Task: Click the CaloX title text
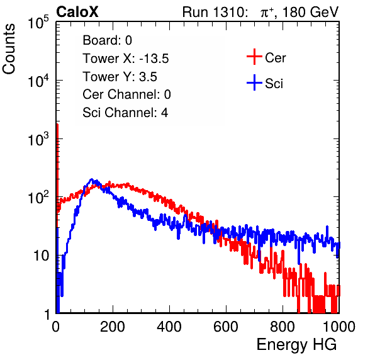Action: tap(77, 12)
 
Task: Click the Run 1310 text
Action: tap(215, 12)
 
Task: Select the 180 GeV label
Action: tap(310, 12)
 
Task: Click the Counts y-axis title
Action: tap(9, 49)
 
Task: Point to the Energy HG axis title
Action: tap(296, 345)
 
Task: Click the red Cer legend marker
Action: tap(254, 57)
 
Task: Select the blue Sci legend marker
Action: tap(254, 82)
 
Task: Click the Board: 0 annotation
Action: tap(107, 40)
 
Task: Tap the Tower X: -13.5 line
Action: tap(126, 59)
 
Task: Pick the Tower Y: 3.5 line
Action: tap(120, 77)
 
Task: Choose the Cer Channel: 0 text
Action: tap(126, 94)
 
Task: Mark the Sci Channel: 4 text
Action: tap(125, 113)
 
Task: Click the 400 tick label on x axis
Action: tap(169, 326)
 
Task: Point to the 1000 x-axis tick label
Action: tap(339, 326)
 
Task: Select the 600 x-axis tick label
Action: tap(226, 326)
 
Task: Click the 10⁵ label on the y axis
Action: tap(38, 22)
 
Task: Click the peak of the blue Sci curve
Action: tap(91, 179)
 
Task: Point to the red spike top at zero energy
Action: tap(57, 125)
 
